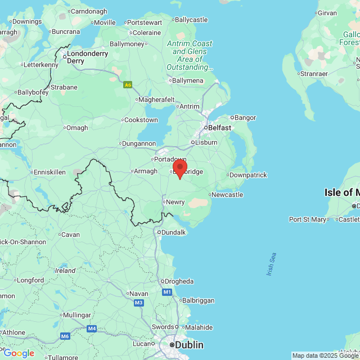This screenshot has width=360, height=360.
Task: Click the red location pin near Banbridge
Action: pyautogui.click(x=179, y=168)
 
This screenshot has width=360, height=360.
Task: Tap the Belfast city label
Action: pyautogui.click(x=219, y=128)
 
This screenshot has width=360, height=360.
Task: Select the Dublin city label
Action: pyautogui.click(x=188, y=344)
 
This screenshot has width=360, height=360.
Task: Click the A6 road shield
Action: pyautogui.click(x=128, y=85)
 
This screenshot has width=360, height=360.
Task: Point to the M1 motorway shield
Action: pyautogui.click(x=167, y=292)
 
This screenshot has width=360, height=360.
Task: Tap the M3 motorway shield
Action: pyautogui.click(x=139, y=303)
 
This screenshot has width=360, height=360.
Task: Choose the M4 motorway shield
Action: pyautogui.click(x=92, y=328)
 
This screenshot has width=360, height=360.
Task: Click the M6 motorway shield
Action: pyautogui.click(x=65, y=336)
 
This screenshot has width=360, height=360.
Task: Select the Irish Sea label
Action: pyautogui.click(x=272, y=264)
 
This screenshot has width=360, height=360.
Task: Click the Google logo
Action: pyautogui.click(x=19, y=353)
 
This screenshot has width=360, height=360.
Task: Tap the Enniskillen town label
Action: pyautogui.click(x=50, y=172)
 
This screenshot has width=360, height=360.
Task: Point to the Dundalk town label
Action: pyautogui.click(x=173, y=232)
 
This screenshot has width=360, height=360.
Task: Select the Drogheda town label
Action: pyautogui.click(x=179, y=281)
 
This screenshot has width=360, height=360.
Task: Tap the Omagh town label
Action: pyautogui.click(x=77, y=128)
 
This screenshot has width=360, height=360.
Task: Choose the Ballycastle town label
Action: pyautogui.click(x=191, y=20)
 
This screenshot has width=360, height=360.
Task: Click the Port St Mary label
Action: pyautogui.click(x=307, y=219)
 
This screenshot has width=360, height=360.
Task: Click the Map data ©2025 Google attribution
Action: pyautogui.click(x=326, y=355)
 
